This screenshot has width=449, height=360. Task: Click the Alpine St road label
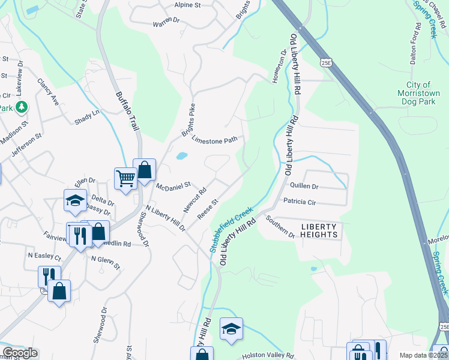point(187,5)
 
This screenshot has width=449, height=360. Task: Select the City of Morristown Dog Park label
point(418,94)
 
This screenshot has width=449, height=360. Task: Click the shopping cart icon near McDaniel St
point(125,178)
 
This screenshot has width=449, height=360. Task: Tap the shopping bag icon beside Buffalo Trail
point(145,170)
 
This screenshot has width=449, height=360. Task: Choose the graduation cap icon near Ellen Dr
point(76,201)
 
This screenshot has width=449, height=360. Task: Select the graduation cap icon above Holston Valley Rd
point(231,328)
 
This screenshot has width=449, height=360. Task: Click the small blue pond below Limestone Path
point(181,157)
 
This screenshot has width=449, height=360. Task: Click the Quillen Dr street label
point(304,187)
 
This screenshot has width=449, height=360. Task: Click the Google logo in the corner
point(20,353)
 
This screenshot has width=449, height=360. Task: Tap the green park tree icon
point(22,107)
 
